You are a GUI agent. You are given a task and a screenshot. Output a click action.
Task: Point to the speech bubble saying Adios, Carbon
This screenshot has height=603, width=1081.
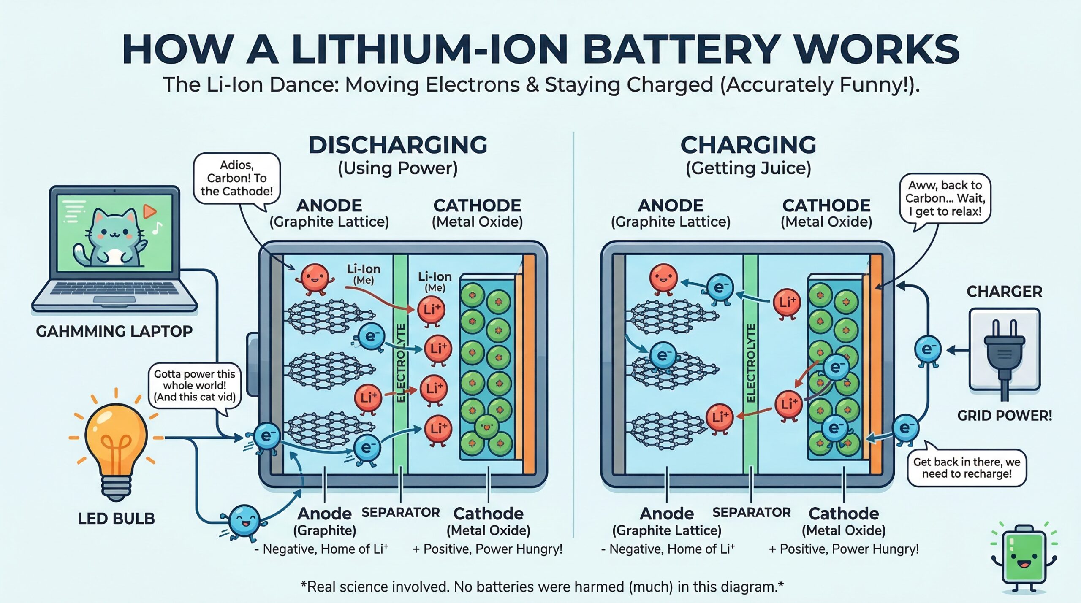(x=236, y=178)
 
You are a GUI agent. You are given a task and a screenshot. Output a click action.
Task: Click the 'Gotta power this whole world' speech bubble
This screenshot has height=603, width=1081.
(x=195, y=385)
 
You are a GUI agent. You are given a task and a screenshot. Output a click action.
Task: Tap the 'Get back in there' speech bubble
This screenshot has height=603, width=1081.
(x=967, y=468)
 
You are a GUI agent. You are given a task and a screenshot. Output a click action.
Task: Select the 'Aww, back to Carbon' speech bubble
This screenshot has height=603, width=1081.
(x=945, y=198)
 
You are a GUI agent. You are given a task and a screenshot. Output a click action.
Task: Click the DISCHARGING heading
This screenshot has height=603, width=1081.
(x=398, y=145)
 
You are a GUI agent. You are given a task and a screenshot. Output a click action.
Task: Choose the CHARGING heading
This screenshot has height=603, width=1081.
(x=748, y=145)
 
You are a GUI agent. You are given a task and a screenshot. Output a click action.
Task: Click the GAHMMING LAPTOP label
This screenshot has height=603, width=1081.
(x=114, y=332)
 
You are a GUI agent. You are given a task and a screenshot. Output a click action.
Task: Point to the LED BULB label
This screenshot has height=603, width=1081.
(x=116, y=519)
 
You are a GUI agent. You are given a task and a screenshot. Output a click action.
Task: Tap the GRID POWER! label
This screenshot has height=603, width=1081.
(x=1005, y=416)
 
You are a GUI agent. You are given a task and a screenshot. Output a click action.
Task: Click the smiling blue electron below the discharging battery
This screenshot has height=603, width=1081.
(x=244, y=522)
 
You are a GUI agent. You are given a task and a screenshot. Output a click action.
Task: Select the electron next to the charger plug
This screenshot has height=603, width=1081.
(x=928, y=350)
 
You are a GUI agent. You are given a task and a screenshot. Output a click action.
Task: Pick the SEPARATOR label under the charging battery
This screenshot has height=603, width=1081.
(x=751, y=513)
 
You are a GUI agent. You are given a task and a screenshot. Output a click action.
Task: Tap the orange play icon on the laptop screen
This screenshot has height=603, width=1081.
(x=149, y=211)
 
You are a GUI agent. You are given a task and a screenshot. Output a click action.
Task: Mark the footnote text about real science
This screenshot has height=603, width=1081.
(x=542, y=587)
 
